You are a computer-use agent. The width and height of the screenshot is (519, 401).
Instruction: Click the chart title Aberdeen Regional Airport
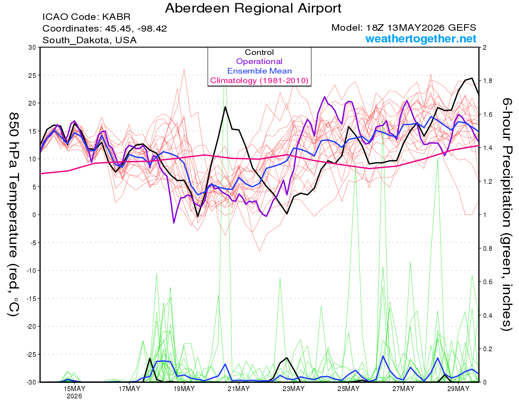click(253, 8)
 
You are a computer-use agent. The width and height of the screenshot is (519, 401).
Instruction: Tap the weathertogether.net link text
click(421, 38)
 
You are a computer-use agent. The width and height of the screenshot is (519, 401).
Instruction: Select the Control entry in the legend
click(259, 52)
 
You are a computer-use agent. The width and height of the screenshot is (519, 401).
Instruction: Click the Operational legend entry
click(259, 61)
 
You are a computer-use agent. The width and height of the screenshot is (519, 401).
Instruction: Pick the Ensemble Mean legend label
click(259, 71)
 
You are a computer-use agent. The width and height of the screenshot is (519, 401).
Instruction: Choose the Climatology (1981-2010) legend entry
click(259, 80)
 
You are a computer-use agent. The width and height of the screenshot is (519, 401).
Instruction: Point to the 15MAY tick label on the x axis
click(74, 388)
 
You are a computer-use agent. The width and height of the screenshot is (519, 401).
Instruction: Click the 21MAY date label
click(239, 388)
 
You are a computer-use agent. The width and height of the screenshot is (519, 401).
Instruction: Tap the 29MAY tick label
click(458, 388)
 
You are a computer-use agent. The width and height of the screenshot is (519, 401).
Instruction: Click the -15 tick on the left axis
click(31, 298)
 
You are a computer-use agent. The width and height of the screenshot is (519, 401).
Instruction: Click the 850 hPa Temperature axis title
click(13, 215)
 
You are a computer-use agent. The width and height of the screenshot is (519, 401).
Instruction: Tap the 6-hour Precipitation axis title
click(507, 214)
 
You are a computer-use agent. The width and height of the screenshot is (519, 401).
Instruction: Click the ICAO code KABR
click(116, 17)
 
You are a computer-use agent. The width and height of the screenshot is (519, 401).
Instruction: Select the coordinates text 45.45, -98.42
click(136, 29)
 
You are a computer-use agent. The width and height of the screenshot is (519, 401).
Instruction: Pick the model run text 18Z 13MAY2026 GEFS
click(421, 28)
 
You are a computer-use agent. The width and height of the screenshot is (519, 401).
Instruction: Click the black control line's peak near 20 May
click(225, 107)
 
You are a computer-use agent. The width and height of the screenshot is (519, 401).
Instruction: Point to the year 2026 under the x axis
click(74, 396)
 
